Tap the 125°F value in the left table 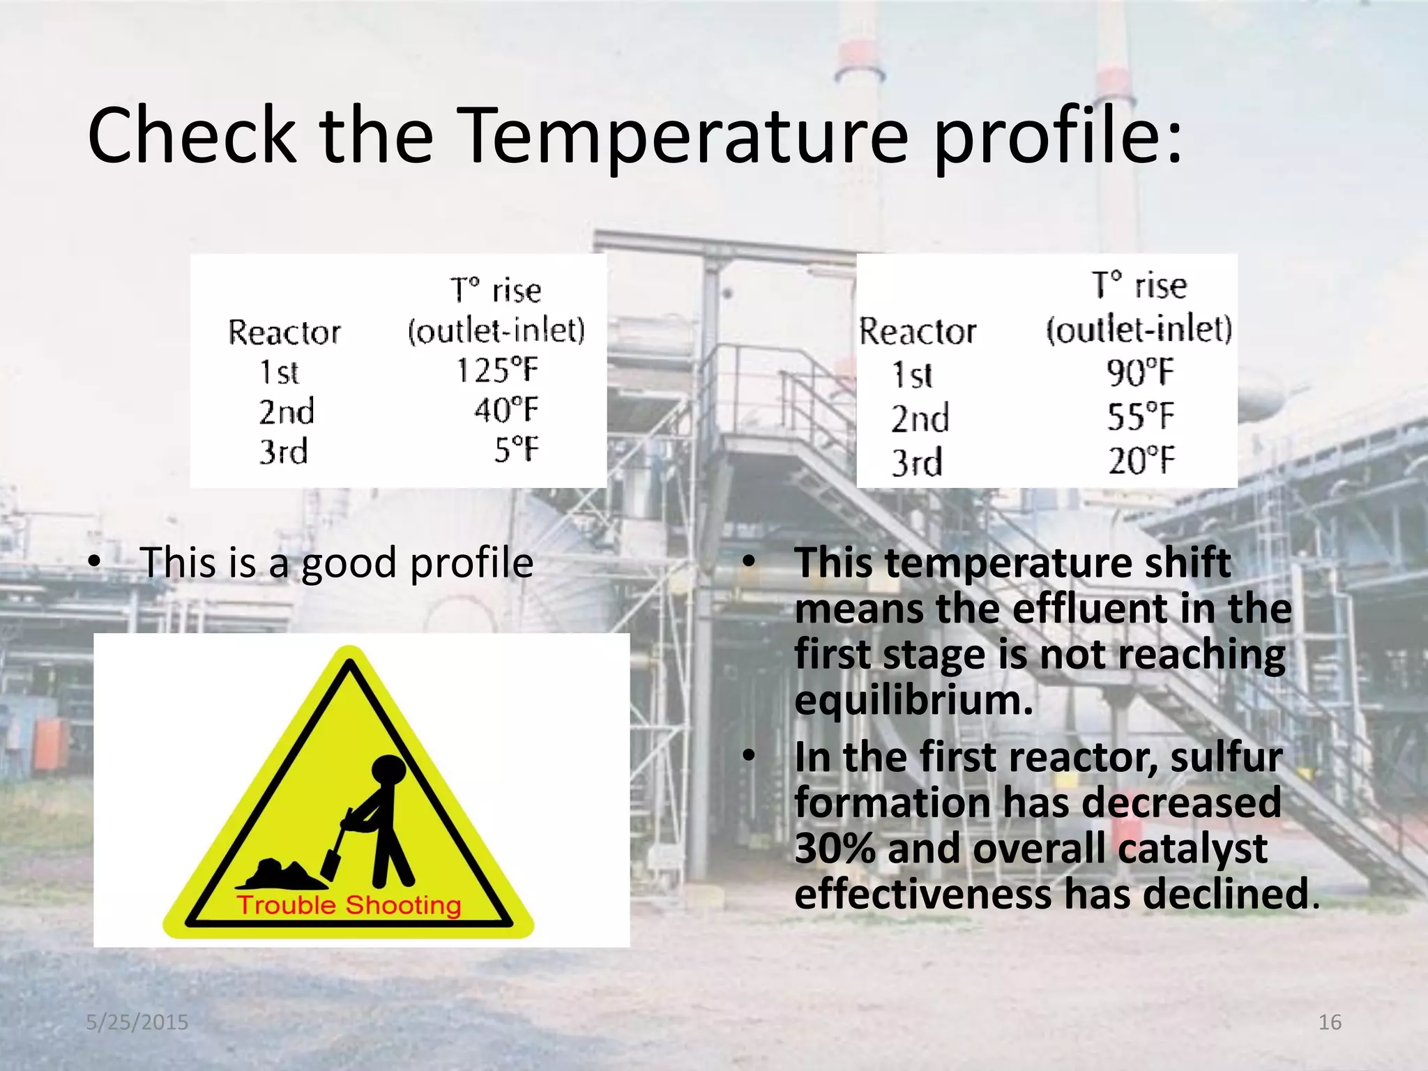click(497, 370)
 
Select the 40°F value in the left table click(506, 410)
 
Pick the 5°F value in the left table click(517, 450)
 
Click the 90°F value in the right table click(1140, 372)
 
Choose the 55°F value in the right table click(1140, 416)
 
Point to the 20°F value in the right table click(1141, 461)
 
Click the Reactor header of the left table click(284, 332)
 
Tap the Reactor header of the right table click(917, 331)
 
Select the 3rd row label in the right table click(916, 462)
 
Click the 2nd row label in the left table click(287, 411)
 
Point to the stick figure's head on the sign click(388, 772)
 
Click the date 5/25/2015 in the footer click(137, 1022)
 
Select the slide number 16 click(1330, 1022)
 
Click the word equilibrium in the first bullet click(913, 701)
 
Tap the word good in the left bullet click(349, 563)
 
